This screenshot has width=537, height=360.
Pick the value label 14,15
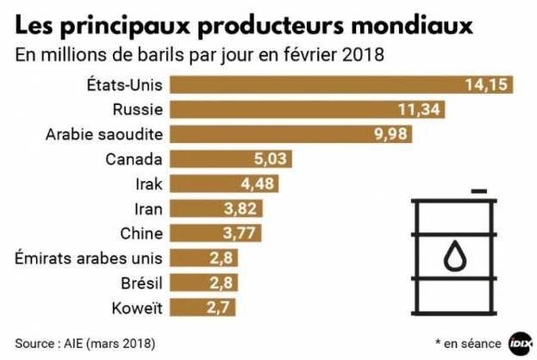point(489,84)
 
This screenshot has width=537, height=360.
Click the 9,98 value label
point(389,134)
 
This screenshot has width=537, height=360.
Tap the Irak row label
point(148,183)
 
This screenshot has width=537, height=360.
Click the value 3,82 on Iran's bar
point(240,208)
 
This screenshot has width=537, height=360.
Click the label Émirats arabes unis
point(90,258)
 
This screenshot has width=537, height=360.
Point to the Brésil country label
point(138,282)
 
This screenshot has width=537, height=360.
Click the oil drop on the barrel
point(453,256)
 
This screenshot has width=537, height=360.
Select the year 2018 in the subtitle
point(362,55)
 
